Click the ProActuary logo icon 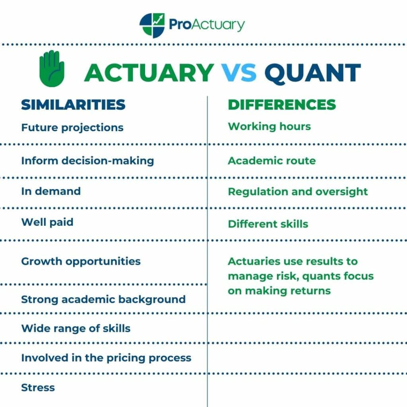coord(152,25)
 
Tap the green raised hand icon coord(51,68)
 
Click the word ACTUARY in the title coord(149,72)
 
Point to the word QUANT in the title coord(312,72)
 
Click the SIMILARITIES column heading coord(73,105)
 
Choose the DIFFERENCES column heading coord(282,105)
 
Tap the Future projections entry coord(72,128)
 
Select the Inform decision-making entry coord(87,161)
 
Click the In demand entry coord(51,191)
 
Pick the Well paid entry coord(47,222)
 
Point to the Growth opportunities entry coord(81,261)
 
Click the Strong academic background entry coord(103,299)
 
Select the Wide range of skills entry coord(76,328)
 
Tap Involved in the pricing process coord(106,358)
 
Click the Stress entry coord(38,388)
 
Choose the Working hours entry coord(269,126)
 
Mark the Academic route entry coord(271,161)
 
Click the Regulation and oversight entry coord(298,192)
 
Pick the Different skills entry coord(268,224)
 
